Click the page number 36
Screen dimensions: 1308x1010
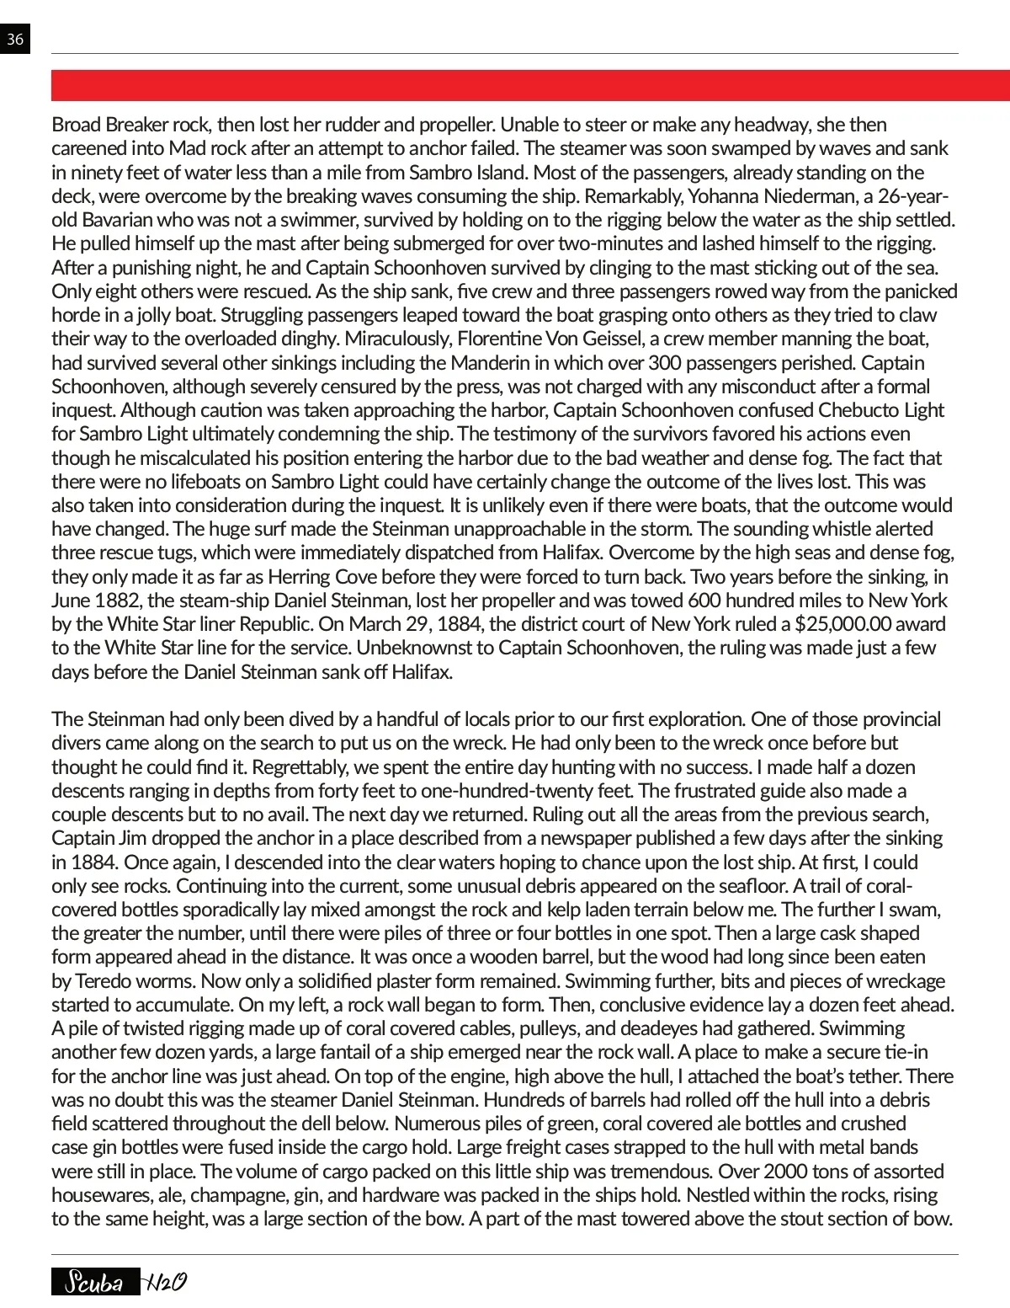(x=14, y=40)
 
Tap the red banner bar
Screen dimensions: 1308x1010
(x=530, y=86)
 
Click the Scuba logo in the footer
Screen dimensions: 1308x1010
(x=94, y=1282)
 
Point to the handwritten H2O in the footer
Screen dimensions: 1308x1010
(x=165, y=1282)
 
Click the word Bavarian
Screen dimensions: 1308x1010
(x=119, y=220)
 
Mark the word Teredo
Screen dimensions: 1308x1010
(x=108, y=981)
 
